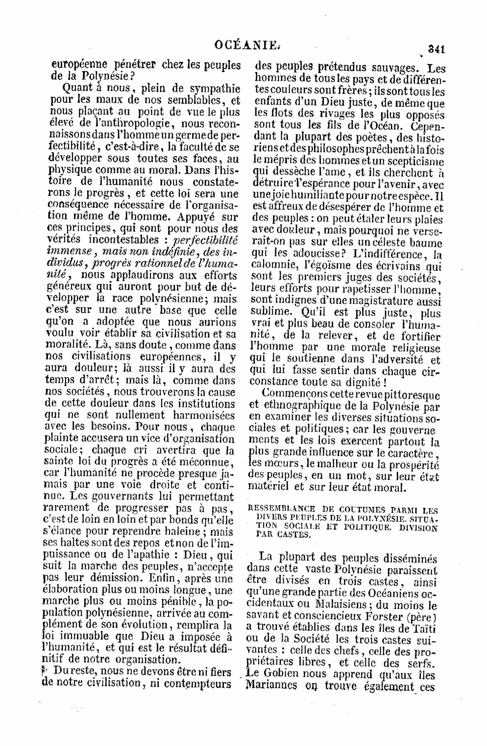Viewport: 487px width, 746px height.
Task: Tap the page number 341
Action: (435, 48)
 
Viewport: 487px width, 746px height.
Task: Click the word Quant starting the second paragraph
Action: (79, 89)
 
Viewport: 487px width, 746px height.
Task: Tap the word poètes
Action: (372, 138)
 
